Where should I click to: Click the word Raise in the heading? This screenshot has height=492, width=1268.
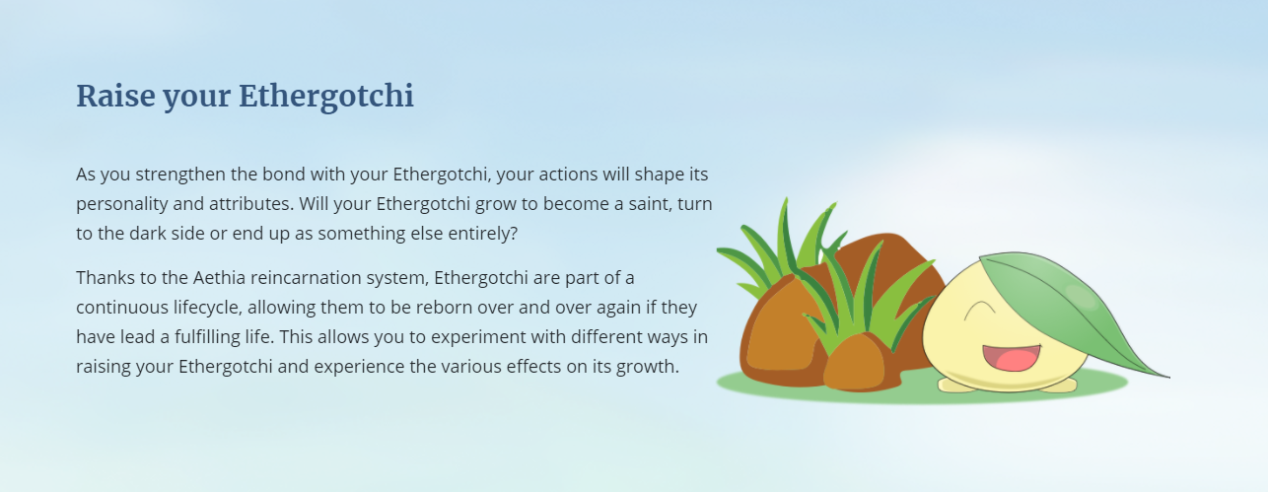pos(115,96)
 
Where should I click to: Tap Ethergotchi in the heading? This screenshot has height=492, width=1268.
pos(326,96)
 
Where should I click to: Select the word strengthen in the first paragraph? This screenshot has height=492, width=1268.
pos(180,175)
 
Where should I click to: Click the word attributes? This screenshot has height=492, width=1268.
pos(251,204)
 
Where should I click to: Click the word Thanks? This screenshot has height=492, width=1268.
pos(106,278)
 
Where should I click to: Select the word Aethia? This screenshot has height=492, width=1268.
pos(219,278)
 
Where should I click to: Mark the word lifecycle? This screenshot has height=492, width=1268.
pos(208,308)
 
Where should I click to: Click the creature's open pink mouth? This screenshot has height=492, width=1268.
pos(1012,358)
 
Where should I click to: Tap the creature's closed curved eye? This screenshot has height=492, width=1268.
pos(980,309)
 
